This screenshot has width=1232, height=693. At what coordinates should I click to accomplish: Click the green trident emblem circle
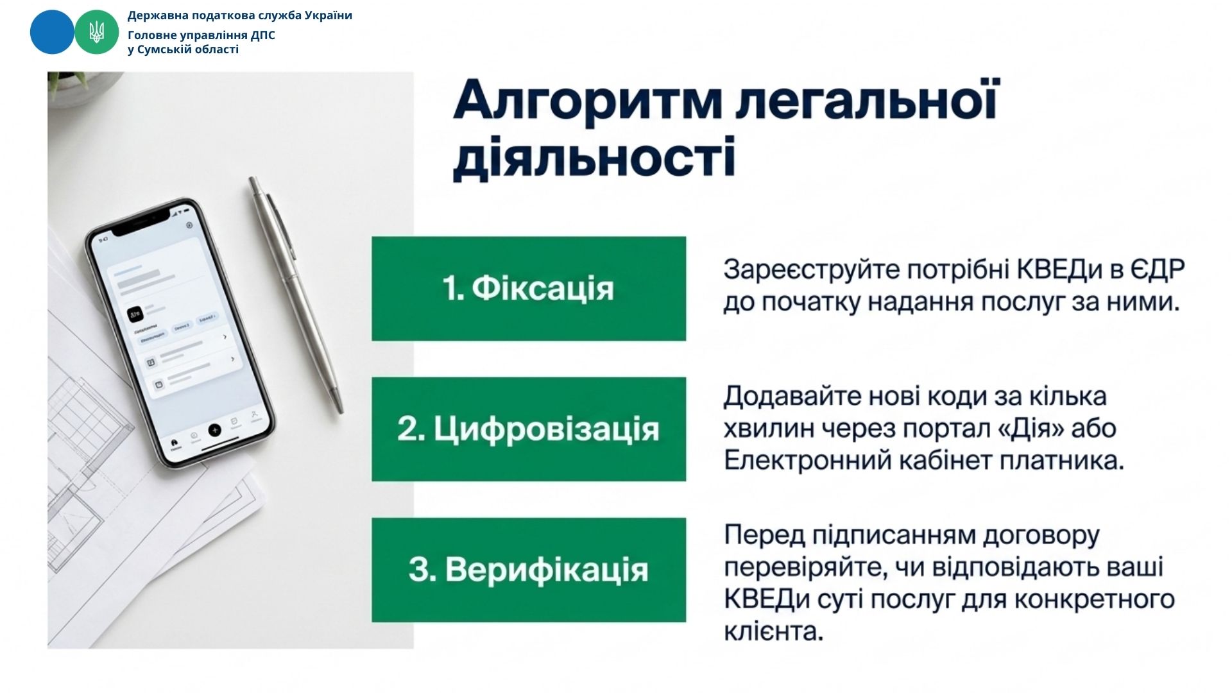97,32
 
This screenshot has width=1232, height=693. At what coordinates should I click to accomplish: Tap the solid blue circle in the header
52,32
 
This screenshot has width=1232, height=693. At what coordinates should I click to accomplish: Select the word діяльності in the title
594,157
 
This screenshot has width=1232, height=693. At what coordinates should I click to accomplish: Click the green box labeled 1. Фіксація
529,289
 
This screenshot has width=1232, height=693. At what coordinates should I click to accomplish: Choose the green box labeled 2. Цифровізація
529,429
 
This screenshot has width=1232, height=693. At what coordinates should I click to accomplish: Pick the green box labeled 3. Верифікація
529,570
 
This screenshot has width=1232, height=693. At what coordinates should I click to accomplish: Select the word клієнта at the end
773,631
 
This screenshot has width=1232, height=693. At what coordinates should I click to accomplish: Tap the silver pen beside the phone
296,296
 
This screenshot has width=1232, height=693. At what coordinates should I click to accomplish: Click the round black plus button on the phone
215,430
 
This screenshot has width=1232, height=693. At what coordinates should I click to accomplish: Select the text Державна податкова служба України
240,15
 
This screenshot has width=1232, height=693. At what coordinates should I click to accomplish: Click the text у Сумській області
183,49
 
